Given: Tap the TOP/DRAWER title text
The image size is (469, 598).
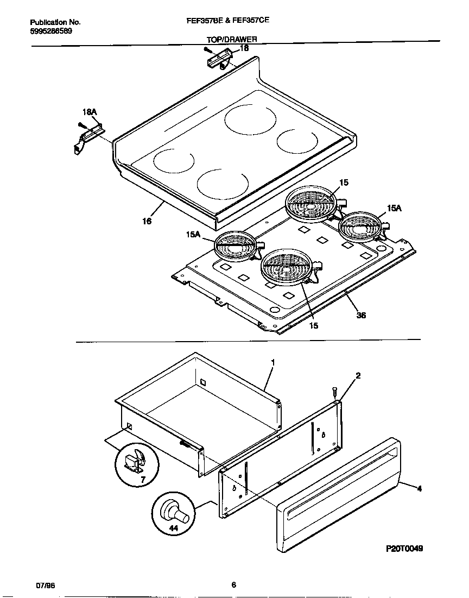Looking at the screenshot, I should point(231,40).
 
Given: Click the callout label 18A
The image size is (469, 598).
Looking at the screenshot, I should point(89,112).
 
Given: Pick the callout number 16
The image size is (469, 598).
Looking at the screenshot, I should point(147,221).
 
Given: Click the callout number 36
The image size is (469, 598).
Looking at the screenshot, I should point(361,315).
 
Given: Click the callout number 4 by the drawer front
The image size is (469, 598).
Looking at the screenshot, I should point(419,489).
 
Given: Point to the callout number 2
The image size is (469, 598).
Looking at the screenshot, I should point(358,375).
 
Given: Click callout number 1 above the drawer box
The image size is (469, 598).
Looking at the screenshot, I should point(272,362).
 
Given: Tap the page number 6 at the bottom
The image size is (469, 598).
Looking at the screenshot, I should point(233,585).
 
